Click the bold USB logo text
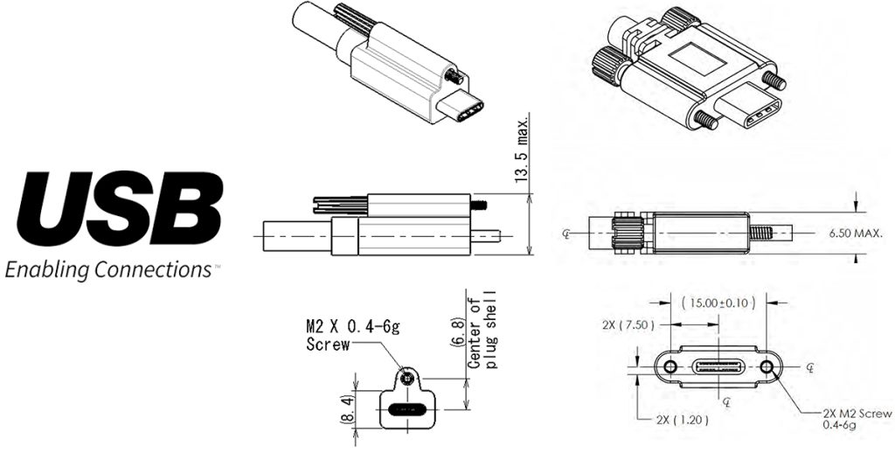pyautogui.click(x=120, y=208)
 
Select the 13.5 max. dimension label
pyautogui.click(x=521, y=148)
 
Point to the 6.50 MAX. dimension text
pyautogui.click(x=855, y=233)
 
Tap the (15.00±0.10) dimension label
pyautogui.click(x=718, y=303)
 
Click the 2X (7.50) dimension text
pyautogui.click(x=628, y=325)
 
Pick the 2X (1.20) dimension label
pyautogui.click(x=682, y=421)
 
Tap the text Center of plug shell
pyautogui.click(x=482, y=331)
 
